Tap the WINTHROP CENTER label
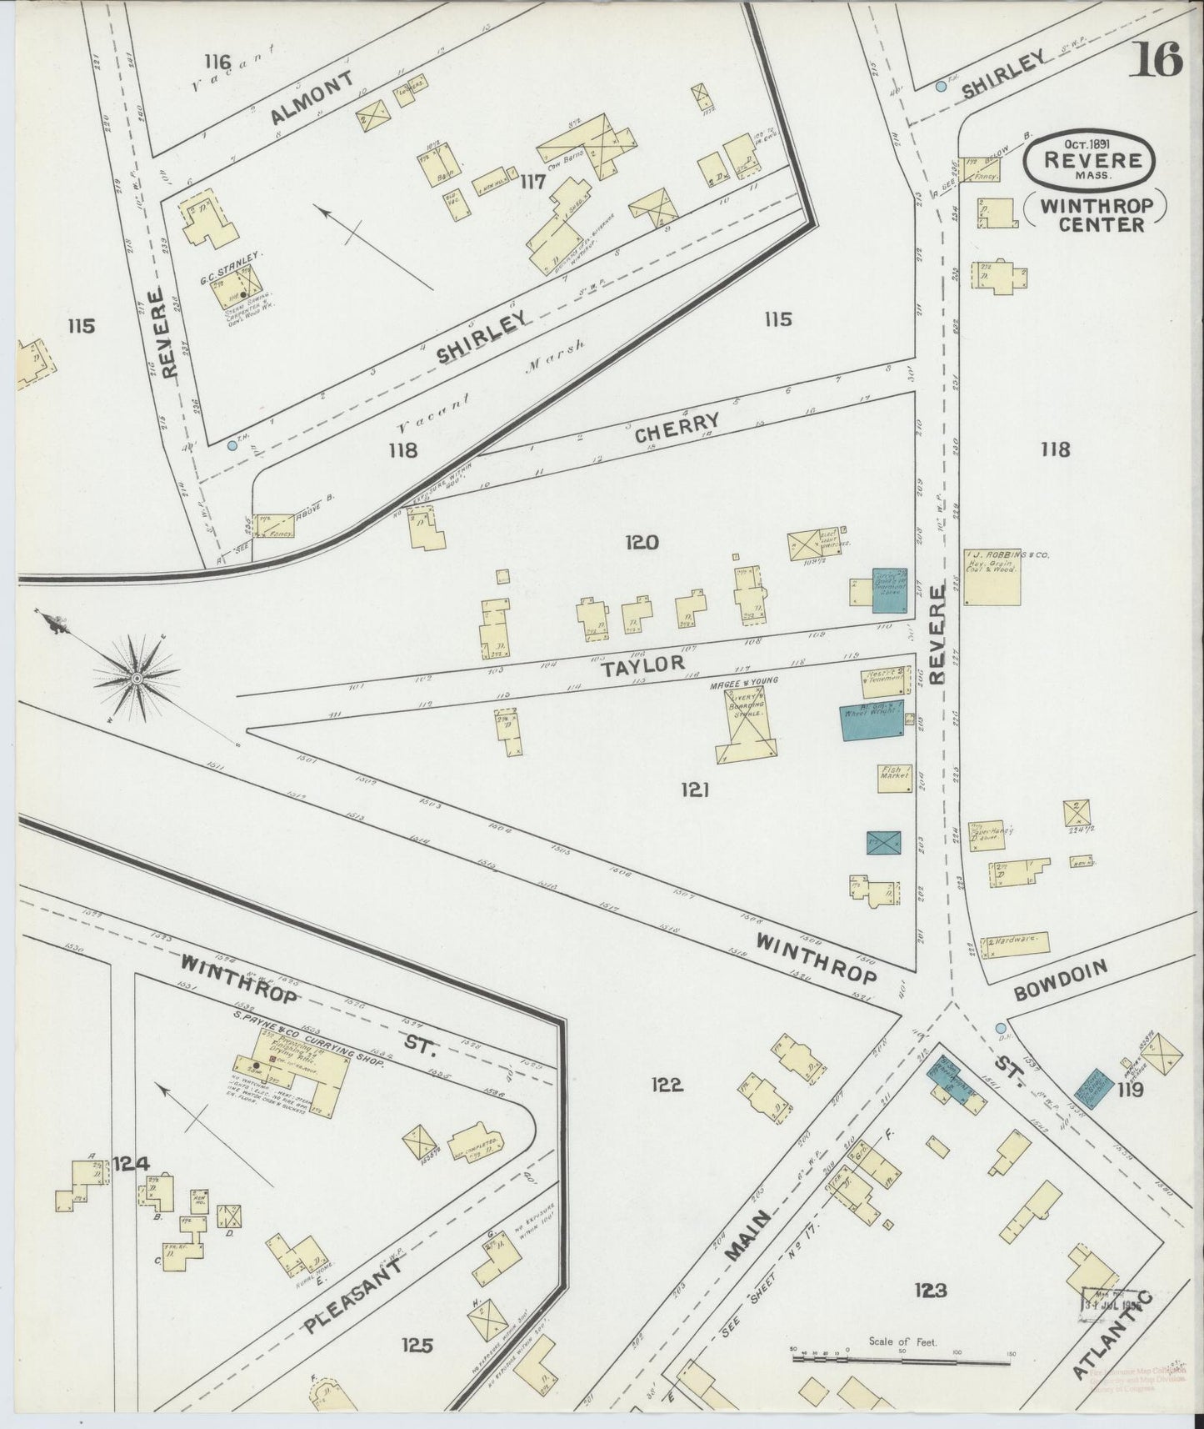pos(1092,213)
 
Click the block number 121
pos(693,789)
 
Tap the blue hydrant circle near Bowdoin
pos(1000,1028)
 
